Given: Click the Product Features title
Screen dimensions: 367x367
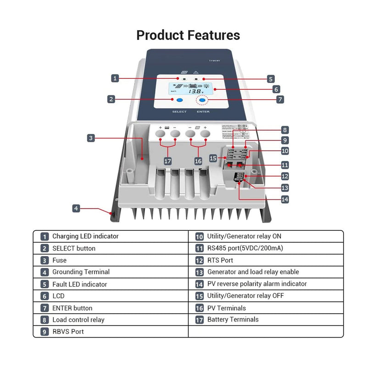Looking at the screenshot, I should pyautogui.click(x=188, y=35).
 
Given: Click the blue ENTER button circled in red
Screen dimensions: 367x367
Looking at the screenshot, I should pyautogui.click(x=202, y=100).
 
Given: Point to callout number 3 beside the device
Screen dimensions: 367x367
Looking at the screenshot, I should pyautogui.click(x=91, y=138).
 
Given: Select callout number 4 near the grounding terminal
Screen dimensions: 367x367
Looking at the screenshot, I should pyautogui.click(x=77, y=208).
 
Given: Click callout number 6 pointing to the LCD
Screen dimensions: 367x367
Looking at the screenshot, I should pyautogui.click(x=276, y=89).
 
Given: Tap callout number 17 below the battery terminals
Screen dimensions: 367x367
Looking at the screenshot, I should pyautogui.click(x=168, y=161).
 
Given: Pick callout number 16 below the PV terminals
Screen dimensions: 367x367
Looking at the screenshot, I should pyautogui.click(x=198, y=161).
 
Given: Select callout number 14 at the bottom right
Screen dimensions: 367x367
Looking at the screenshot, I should pyautogui.click(x=285, y=199).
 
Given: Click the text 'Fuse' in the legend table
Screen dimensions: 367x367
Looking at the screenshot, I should pyautogui.click(x=59, y=260).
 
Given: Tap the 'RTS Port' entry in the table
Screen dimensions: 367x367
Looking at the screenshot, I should pyautogui.click(x=220, y=260).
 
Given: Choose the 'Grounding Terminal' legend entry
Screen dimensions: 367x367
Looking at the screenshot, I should pyautogui.click(x=81, y=272).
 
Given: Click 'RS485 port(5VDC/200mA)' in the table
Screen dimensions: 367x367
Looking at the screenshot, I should pyautogui.click(x=245, y=248).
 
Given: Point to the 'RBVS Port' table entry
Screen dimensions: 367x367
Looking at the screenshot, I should pyautogui.click(x=68, y=332).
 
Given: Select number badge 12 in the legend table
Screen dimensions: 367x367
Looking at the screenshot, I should pyautogui.click(x=200, y=261).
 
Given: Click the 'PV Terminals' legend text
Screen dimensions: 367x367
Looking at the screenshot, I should pyautogui.click(x=226, y=308).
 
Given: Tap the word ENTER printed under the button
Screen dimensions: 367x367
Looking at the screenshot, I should pyautogui.click(x=203, y=112).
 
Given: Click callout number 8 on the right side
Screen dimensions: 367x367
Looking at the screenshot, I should pyautogui.click(x=285, y=130).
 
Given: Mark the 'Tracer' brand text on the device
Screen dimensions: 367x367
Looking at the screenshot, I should pyautogui.click(x=214, y=60).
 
